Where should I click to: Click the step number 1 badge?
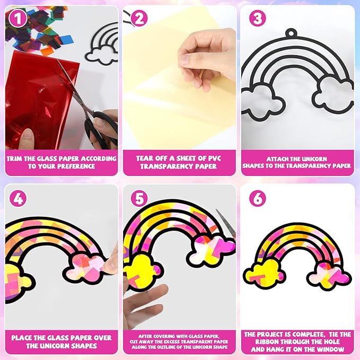[x=18, y=19]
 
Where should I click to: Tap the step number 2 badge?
[x=139, y=19]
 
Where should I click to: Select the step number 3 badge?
[x=257, y=19]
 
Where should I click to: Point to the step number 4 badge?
[x=18, y=199]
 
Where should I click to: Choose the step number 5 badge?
[x=139, y=199]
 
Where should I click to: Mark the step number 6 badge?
[x=257, y=199]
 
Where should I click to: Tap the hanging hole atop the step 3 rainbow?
[x=292, y=32]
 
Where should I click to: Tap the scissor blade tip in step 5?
[x=216, y=209]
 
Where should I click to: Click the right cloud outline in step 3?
[x=332, y=94]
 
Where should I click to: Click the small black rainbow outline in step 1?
[x=102, y=42]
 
